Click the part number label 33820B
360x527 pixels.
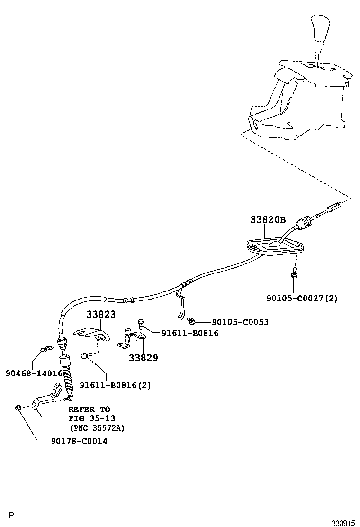268,219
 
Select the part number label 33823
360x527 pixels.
101,314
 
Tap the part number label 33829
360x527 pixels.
143,358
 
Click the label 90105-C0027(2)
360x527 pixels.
302,298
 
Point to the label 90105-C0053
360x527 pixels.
234,322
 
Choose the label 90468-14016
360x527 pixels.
34,373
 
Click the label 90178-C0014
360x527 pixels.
79,441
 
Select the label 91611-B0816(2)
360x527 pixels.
115,385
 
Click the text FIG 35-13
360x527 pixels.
91,418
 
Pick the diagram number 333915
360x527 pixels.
343,523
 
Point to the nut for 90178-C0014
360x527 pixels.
18,407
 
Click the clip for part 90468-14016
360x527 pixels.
44,349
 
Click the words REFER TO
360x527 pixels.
89,409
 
